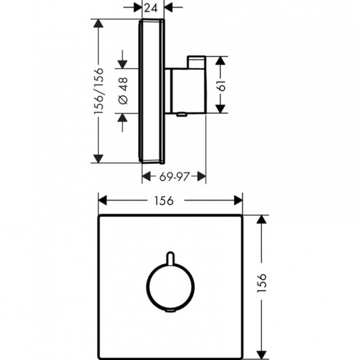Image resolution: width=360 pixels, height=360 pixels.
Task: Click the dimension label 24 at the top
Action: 151,8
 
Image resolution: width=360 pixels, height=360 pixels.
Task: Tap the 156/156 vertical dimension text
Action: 99,91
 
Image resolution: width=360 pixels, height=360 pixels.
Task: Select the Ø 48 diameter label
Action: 123,91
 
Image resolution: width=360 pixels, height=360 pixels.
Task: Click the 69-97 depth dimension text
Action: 175,176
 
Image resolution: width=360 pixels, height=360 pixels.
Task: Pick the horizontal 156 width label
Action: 164,201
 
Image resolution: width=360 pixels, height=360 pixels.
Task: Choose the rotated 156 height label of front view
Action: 261,283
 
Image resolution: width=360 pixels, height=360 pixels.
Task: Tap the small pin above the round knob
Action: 170,258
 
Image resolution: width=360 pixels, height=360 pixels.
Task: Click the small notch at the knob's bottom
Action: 170,311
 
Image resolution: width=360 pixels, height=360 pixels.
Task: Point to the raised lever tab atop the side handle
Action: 197,62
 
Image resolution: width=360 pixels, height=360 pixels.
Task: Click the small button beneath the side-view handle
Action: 182,114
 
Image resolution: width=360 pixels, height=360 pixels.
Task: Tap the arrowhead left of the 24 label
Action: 138,7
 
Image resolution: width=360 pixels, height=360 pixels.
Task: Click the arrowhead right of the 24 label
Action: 168,7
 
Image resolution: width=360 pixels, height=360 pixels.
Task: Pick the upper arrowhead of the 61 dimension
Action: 220,61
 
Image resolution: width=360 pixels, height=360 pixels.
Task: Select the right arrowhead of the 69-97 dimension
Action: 201,176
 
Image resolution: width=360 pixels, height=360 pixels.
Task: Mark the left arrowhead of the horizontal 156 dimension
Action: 103,200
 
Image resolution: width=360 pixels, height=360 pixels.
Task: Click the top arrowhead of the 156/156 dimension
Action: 99,23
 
